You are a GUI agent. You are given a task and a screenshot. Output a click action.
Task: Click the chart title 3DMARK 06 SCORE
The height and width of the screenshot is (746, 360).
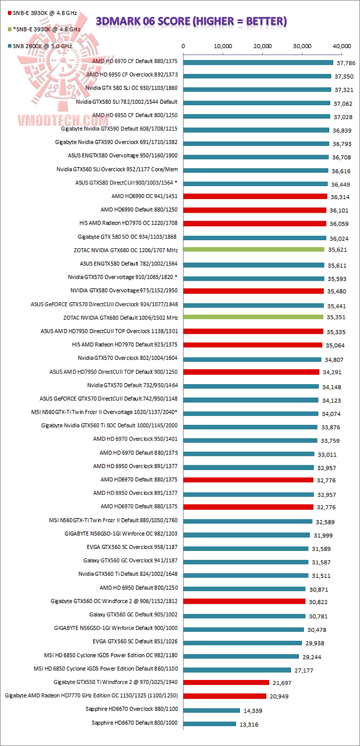191,21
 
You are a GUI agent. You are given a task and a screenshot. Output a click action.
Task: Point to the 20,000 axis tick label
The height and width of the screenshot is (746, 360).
263,46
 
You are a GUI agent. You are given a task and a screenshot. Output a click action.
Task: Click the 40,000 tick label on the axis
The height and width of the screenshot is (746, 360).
341,46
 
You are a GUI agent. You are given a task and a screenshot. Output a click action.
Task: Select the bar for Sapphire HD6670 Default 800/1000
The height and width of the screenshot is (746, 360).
210,723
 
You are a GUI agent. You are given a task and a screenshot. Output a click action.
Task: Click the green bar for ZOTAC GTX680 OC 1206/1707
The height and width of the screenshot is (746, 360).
253,249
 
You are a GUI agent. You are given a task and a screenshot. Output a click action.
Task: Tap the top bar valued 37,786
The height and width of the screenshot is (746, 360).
258,63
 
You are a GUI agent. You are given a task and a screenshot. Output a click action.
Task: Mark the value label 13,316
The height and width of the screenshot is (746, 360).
250,724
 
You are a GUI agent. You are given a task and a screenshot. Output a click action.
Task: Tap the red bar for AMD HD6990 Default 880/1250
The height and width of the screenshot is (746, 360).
255,210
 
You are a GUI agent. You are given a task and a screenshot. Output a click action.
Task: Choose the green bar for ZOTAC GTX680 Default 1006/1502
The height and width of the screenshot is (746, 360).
253,317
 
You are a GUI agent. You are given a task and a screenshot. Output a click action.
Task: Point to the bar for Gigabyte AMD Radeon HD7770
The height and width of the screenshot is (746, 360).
225,696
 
